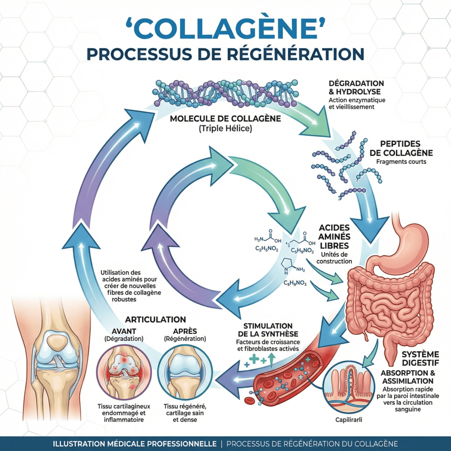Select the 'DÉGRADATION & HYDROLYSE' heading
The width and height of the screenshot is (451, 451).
click(356, 88)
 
